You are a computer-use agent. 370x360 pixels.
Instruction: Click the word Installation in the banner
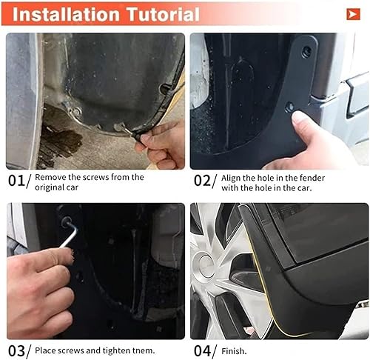tap(67, 14)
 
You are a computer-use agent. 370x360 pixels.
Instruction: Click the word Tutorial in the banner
tap(163, 14)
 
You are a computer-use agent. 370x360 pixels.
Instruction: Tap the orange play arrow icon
tap(353, 14)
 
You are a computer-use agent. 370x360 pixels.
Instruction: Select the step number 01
tap(16, 181)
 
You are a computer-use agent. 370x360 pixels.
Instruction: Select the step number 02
tap(202, 181)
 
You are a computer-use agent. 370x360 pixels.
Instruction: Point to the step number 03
tap(16, 351)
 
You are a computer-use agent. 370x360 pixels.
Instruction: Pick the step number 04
tap(202, 351)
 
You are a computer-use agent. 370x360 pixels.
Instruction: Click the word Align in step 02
tap(231, 178)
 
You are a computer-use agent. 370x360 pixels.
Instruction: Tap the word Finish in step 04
tap(234, 351)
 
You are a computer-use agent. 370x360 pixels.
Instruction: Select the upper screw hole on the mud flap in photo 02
tap(306, 52)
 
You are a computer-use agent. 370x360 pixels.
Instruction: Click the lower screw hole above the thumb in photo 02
tap(289, 107)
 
